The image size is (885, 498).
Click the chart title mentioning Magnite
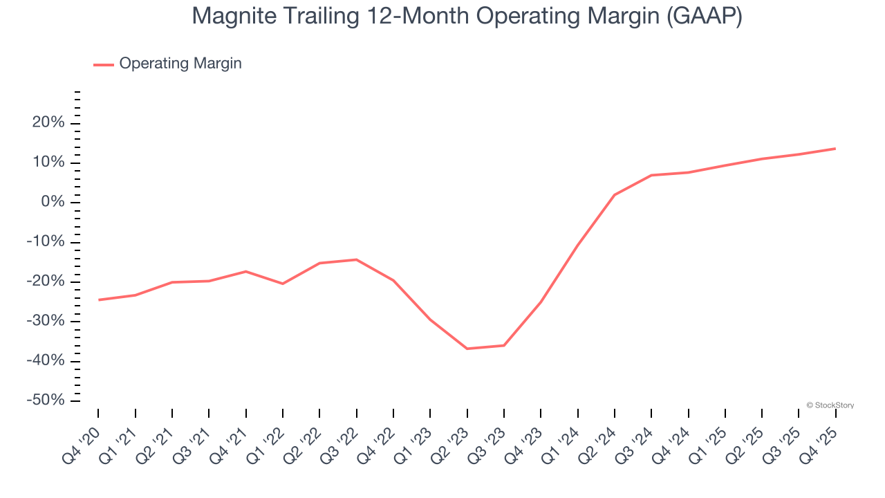click(467, 17)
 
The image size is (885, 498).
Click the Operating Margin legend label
click(180, 64)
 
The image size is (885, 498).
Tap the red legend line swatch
click(104, 64)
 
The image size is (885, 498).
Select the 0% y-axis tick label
click(53, 202)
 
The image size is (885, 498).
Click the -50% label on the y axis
click(46, 401)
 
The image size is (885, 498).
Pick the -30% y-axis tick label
click(46, 322)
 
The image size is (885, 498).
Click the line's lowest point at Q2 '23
click(467, 349)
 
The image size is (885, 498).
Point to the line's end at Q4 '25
click(835, 149)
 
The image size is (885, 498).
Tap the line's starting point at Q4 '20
click(99, 299)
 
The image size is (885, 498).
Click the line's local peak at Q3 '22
click(357, 259)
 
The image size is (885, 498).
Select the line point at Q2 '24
click(615, 194)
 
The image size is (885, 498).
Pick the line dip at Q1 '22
click(283, 284)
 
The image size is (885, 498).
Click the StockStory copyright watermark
click(830, 405)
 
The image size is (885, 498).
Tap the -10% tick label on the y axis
click(46, 242)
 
